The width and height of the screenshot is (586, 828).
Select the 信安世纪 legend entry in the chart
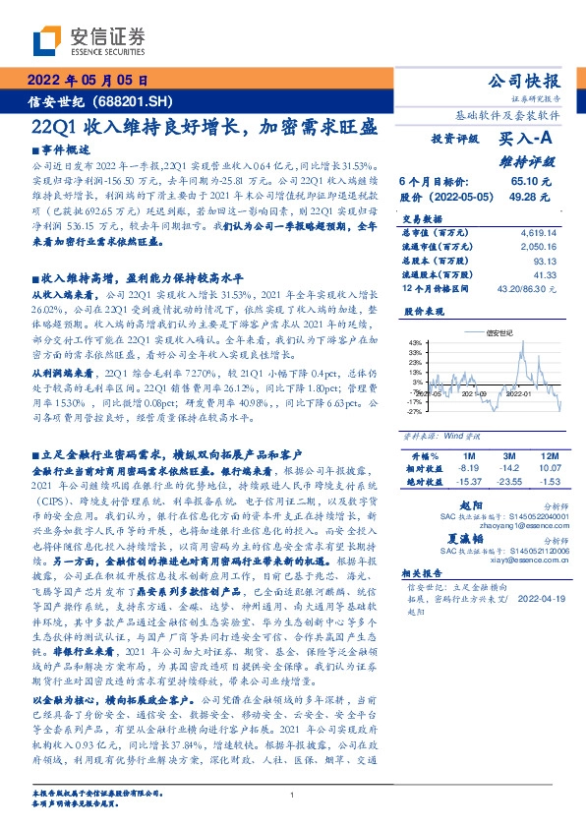(498, 332)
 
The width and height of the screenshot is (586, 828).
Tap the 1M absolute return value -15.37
(467, 481)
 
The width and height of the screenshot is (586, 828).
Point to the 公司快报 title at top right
(529, 81)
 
